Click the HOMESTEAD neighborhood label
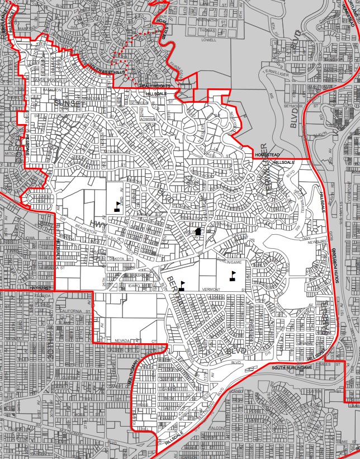click(266, 154)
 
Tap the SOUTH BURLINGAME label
click(291, 367)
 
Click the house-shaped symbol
click(198, 233)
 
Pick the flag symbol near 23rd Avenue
click(117, 206)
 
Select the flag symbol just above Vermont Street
click(181, 285)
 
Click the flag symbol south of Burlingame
click(233, 275)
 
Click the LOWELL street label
click(209, 40)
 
